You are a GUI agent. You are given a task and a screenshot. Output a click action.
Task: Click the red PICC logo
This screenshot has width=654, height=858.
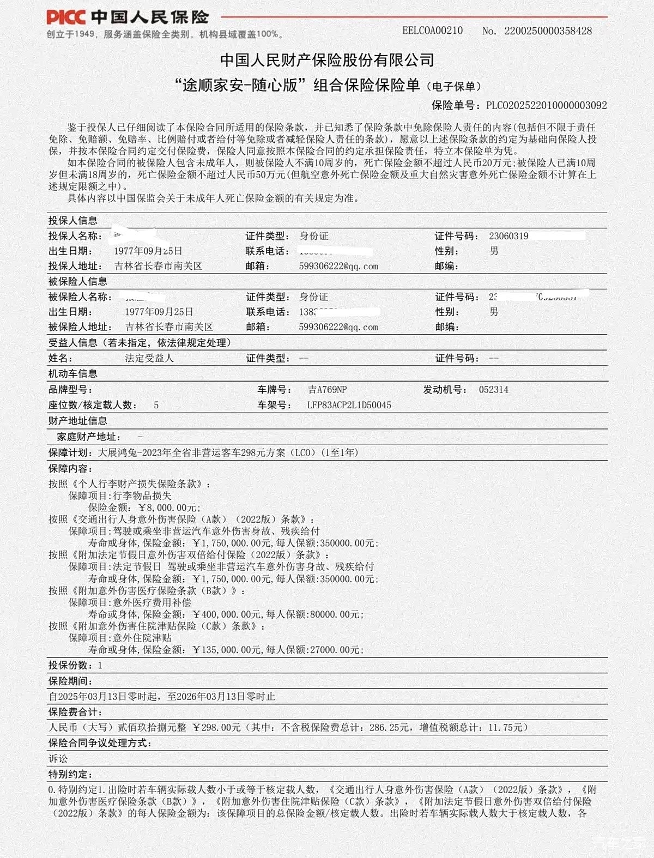[x=66, y=17]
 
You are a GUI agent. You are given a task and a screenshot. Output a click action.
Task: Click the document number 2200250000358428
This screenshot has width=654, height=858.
[x=548, y=31]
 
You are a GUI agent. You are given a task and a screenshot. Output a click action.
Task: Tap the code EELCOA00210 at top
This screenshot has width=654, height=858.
[x=432, y=31]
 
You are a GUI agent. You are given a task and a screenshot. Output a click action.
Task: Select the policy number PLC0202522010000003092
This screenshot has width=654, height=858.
[x=546, y=105]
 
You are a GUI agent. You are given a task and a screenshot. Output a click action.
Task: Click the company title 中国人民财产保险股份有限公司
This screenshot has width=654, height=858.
[x=327, y=60]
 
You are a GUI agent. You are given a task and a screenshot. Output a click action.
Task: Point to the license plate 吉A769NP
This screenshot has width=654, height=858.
[x=327, y=390]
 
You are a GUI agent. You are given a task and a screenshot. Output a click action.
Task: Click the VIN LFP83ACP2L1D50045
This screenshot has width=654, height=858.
[x=349, y=405]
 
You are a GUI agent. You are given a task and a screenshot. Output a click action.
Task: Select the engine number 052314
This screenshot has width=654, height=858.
[x=493, y=390]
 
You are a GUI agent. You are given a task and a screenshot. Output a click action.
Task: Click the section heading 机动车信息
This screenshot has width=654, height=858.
[x=73, y=374]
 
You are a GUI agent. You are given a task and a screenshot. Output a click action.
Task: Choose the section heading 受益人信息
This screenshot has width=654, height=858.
[x=73, y=343]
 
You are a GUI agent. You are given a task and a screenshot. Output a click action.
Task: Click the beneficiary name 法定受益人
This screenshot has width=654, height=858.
[x=149, y=358]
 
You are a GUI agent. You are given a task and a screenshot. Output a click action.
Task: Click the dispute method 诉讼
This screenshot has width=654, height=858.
[x=58, y=759]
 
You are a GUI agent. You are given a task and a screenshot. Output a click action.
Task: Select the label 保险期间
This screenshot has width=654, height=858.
[x=70, y=681]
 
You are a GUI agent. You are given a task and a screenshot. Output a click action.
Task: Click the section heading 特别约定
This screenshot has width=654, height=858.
[x=70, y=775]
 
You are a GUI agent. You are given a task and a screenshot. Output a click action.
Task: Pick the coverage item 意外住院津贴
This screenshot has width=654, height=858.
[x=142, y=638]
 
